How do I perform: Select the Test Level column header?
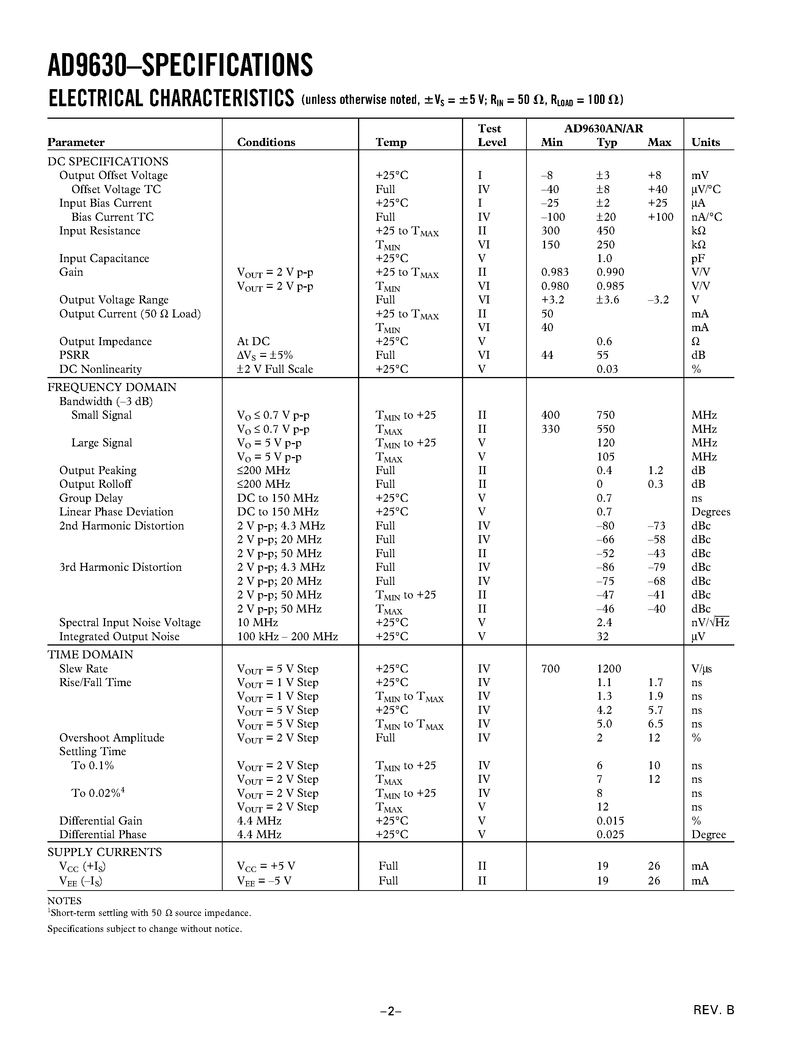pyautogui.click(x=491, y=135)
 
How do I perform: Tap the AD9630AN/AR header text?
pyautogui.click(x=603, y=129)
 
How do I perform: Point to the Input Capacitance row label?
pyautogui.click(x=104, y=258)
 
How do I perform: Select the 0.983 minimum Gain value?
pyautogui.click(x=555, y=272)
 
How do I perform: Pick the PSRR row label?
pyautogui.click(x=74, y=355)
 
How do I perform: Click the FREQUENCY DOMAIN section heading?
pyautogui.click(x=112, y=387)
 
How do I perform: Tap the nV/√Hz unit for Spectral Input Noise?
pyautogui.click(x=710, y=622)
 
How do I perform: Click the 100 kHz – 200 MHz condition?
pyautogui.click(x=288, y=636)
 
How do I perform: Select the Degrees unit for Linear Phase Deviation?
pyautogui.click(x=710, y=512)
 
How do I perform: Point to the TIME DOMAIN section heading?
pyautogui.click(x=90, y=654)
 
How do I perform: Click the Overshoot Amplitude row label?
pyautogui.click(x=112, y=737)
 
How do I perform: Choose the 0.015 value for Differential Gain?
pyautogui.click(x=610, y=820)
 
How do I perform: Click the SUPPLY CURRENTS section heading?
pyautogui.click(x=105, y=853)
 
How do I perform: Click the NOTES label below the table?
pyautogui.click(x=64, y=901)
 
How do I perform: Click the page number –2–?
pyautogui.click(x=391, y=1011)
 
